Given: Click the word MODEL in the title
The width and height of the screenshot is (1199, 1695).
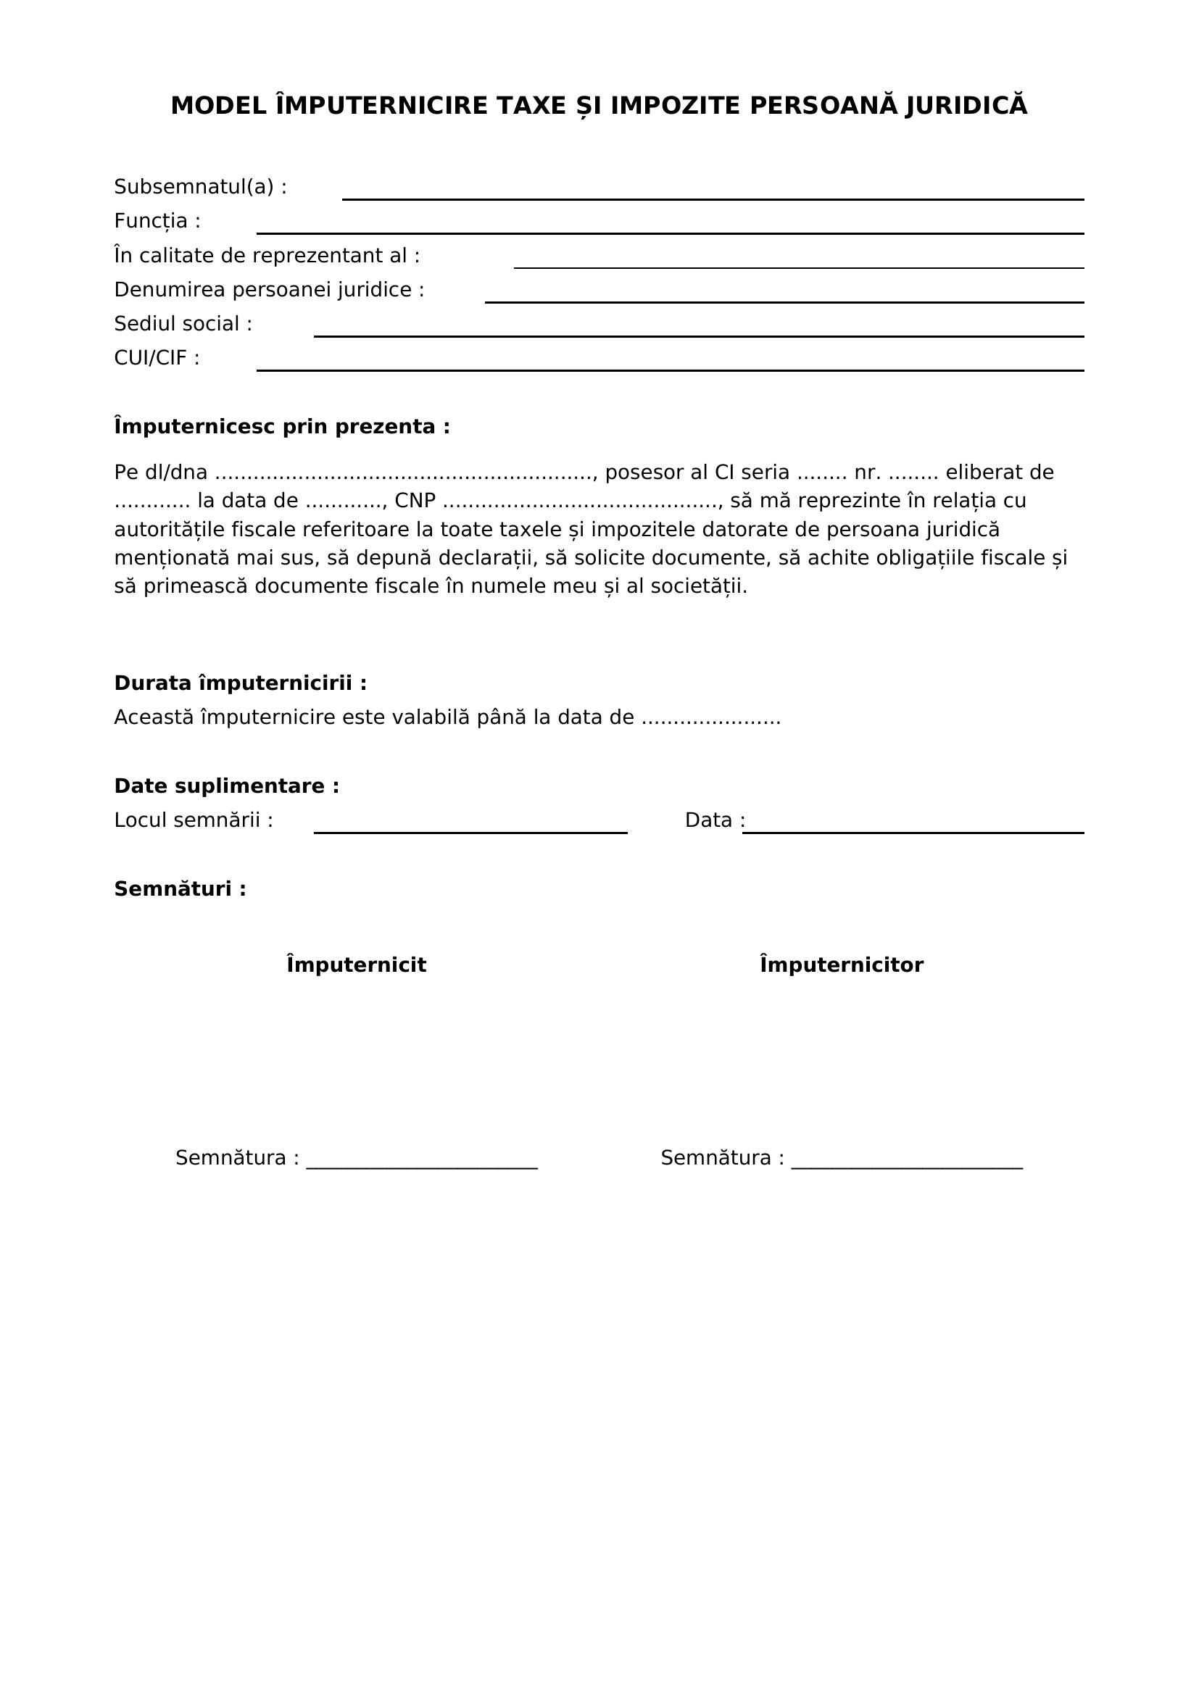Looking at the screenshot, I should [x=217, y=107].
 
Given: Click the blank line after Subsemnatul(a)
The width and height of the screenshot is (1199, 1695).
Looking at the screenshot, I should [x=713, y=198].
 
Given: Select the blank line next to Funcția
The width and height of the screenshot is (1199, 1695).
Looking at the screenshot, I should [x=670, y=232].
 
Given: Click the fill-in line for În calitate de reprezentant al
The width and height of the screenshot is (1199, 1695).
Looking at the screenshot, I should [x=798, y=267].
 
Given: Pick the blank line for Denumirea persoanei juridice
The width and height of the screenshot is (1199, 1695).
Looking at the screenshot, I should [x=784, y=301].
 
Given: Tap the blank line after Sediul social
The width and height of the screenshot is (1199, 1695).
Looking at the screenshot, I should [x=698, y=336].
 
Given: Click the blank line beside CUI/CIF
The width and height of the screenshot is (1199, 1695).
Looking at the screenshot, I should [x=670, y=369].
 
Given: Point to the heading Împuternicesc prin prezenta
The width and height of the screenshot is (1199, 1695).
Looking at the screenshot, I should [x=282, y=427].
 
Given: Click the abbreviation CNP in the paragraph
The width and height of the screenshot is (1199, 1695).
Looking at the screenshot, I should [x=415, y=501].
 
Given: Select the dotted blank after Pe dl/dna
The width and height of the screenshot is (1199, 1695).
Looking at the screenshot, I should [x=404, y=473].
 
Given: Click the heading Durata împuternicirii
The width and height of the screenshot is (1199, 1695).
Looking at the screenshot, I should [x=240, y=683].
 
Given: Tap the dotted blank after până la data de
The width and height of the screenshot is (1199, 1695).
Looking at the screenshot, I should [x=710, y=718].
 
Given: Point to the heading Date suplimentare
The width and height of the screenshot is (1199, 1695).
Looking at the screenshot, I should [x=227, y=786].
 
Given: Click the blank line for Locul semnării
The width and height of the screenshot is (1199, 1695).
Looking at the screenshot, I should [x=470, y=831].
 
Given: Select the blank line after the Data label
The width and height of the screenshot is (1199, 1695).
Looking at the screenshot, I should [x=913, y=831].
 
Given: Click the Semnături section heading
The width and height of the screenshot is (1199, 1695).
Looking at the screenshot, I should [x=181, y=889].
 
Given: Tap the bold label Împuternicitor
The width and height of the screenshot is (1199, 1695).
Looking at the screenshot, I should [x=842, y=965].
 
